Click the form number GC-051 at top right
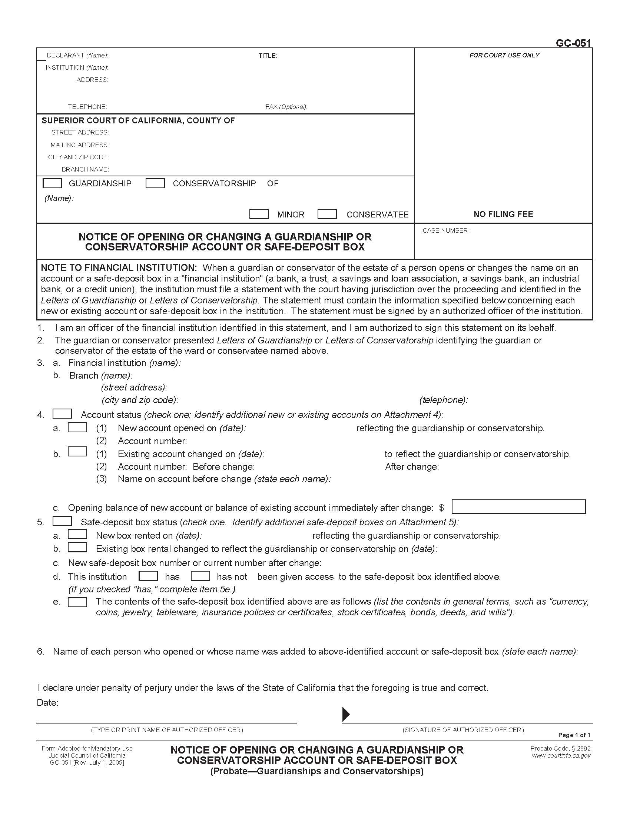click(x=573, y=43)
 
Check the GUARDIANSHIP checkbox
click(x=52, y=183)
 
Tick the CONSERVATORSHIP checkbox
click(x=155, y=183)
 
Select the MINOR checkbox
click(x=259, y=214)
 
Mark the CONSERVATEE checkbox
click(x=327, y=214)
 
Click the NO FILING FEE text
click(x=503, y=214)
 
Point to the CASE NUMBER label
click(x=445, y=231)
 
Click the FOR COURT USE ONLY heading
click(x=504, y=55)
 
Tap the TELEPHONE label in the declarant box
click(x=87, y=107)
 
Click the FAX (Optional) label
click(x=286, y=107)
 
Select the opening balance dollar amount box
click(x=518, y=507)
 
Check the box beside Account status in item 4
click(x=62, y=414)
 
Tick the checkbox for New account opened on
click(x=77, y=427)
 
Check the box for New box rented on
click(x=77, y=535)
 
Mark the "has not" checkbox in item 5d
click(x=200, y=576)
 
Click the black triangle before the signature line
click(x=346, y=714)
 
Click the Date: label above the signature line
click(x=47, y=703)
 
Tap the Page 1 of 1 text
click(x=574, y=735)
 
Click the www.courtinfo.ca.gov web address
click(x=561, y=756)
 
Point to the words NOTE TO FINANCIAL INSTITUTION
click(x=118, y=267)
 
